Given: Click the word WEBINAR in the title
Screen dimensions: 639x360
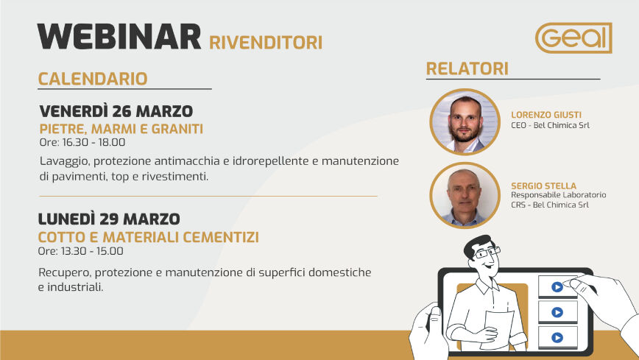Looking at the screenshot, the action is [x=119, y=37].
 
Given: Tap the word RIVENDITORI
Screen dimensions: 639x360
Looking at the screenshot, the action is [x=266, y=43].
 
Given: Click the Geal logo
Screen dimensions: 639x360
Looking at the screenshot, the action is [x=573, y=38].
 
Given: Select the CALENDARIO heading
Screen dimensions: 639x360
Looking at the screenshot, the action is [x=93, y=79].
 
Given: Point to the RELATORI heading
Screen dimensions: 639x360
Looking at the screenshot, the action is [x=467, y=69].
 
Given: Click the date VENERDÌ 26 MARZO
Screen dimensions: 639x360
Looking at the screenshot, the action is [x=116, y=111].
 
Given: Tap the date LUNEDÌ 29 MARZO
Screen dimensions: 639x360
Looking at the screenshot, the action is [x=109, y=219].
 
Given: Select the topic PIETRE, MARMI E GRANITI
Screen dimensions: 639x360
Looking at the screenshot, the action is [x=121, y=129].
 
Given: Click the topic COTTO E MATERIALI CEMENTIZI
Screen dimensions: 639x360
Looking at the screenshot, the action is [x=149, y=237].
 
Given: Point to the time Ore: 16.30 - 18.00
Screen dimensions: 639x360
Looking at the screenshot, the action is [x=82, y=142].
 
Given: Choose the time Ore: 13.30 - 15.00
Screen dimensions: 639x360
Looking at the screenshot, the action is [x=81, y=251].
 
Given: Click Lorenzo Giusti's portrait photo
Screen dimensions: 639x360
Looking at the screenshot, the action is [x=465, y=122].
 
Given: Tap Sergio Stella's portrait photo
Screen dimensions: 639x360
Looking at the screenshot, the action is [x=465, y=195].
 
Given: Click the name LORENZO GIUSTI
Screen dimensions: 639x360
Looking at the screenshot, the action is [x=546, y=115].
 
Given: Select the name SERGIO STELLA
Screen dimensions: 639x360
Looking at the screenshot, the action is [x=543, y=186].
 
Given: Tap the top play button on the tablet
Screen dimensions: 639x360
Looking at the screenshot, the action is [x=557, y=287].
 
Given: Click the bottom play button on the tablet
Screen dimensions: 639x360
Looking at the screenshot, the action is [x=557, y=338].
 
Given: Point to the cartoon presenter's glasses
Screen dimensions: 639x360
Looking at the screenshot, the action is [x=487, y=253].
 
